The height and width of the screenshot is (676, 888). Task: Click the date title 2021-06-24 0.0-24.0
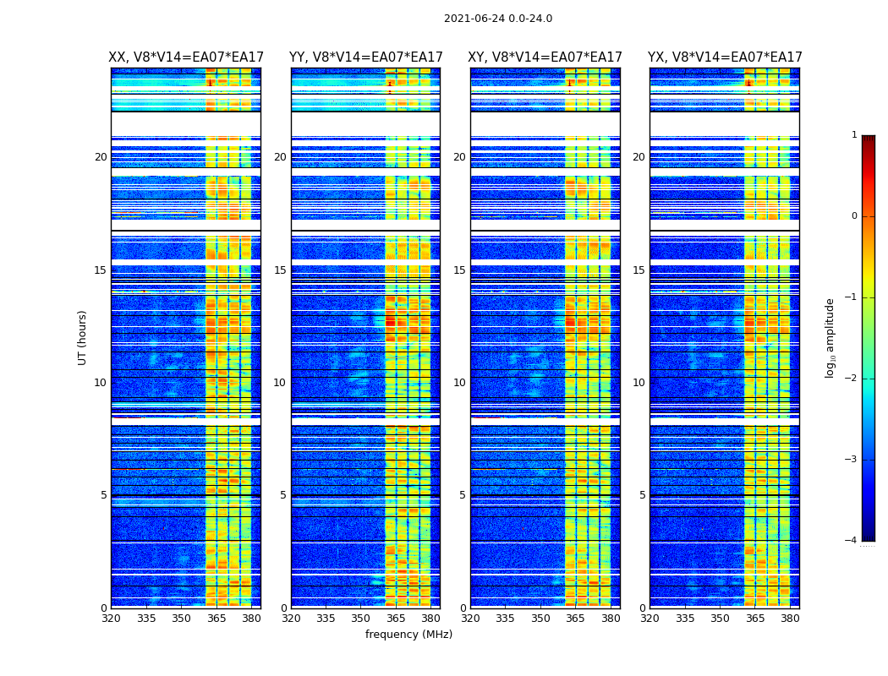coord(497,19)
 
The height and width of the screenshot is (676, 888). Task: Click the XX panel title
coord(186,57)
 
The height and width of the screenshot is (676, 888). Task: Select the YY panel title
coord(365,57)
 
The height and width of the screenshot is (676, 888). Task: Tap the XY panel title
coord(545,57)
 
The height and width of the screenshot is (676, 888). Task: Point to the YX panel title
coord(725,57)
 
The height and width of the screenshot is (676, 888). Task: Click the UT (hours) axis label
coord(82,337)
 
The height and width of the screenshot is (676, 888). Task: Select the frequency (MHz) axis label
coord(408,635)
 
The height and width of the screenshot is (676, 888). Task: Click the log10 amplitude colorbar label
coord(830,337)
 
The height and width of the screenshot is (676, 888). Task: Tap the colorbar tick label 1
coord(854,135)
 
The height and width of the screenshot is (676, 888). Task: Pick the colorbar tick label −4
coord(852,541)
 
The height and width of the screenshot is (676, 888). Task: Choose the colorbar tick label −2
coord(852,379)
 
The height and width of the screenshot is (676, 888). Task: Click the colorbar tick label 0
coord(854,216)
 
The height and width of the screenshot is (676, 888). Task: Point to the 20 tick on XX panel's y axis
coord(101,157)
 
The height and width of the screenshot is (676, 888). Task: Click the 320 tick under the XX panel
coord(111,619)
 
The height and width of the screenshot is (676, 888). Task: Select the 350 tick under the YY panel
coord(361,619)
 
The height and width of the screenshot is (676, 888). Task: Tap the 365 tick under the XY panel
coord(575,619)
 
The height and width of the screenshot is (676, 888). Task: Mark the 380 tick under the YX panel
coord(790,619)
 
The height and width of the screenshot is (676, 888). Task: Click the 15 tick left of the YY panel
coord(280,270)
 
